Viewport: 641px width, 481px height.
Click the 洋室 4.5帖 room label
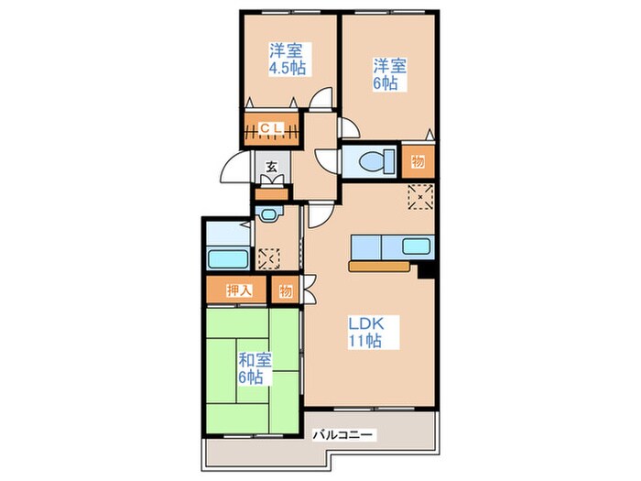click(x=288, y=59)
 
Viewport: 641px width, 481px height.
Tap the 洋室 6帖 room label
click(x=389, y=74)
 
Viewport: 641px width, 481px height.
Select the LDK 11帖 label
click(x=366, y=332)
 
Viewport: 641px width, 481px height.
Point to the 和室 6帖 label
click(x=255, y=368)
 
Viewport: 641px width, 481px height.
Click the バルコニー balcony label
click(x=342, y=434)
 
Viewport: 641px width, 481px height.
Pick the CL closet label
click(x=271, y=128)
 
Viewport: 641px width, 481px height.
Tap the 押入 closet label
click(x=239, y=290)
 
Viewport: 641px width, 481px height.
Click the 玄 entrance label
click(x=271, y=167)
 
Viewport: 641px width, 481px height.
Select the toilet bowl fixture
click(x=376, y=160)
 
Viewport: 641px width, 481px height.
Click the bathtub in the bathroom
click(x=228, y=259)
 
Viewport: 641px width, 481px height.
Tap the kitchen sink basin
click(x=416, y=246)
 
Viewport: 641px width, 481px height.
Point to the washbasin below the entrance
click(x=268, y=213)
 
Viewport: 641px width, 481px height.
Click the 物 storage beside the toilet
click(x=418, y=162)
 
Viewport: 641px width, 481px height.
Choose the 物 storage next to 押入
click(x=286, y=291)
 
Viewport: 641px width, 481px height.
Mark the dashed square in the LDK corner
click(x=420, y=197)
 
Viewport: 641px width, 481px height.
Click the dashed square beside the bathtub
click(x=269, y=258)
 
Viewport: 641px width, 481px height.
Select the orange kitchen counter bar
click(x=379, y=267)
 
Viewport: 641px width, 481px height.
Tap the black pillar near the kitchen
click(x=426, y=270)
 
